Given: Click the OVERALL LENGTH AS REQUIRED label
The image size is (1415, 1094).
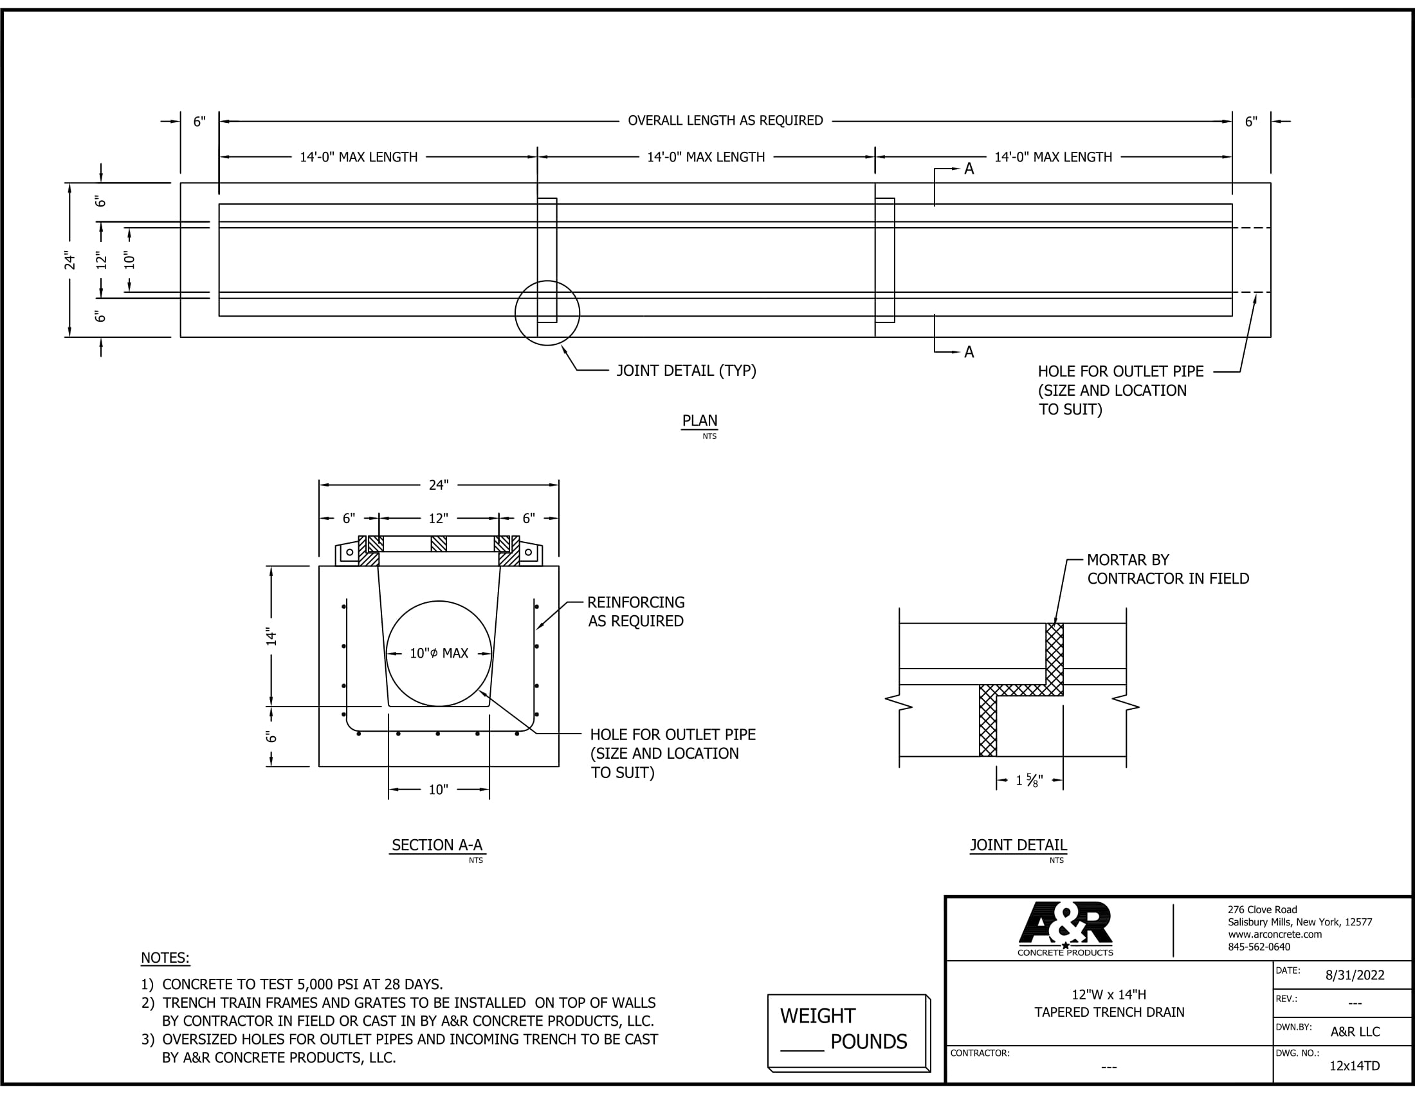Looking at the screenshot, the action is click(725, 120).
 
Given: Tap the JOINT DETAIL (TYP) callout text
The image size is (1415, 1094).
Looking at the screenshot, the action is click(686, 371).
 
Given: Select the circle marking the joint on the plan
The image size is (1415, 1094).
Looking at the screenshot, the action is click(547, 281).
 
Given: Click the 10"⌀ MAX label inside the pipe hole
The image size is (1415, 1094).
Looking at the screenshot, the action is click(439, 653).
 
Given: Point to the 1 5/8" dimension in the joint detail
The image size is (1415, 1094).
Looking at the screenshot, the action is click(1029, 781).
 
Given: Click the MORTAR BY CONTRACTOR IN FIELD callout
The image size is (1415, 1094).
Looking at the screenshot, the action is click(1167, 569).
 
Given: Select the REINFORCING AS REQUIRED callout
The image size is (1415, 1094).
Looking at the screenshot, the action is click(635, 612).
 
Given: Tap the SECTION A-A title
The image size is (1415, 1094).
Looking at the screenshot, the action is click(437, 845).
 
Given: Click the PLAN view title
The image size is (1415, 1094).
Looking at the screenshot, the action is click(700, 421).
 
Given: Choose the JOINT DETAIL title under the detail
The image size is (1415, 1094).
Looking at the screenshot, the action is click(1018, 845).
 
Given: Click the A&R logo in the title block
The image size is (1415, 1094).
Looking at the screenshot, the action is click(1065, 929).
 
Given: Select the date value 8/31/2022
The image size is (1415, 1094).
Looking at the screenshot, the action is click(1355, 976).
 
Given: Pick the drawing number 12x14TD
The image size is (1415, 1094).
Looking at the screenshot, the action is click(1355, 1066).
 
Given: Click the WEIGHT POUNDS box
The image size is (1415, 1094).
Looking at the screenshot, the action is click(848, 1032).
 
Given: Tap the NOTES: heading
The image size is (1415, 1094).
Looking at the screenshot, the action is click(165, 958).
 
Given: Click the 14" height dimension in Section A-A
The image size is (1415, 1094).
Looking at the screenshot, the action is click(271, 636).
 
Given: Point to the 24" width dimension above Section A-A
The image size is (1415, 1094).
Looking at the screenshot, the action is click(439, 485).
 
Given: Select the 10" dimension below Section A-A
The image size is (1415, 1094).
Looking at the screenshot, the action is click(439, 790).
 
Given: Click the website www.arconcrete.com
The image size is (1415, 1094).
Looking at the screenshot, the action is click(1274, 934).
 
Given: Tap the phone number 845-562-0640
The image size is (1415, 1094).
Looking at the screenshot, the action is click(1259, 947).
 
